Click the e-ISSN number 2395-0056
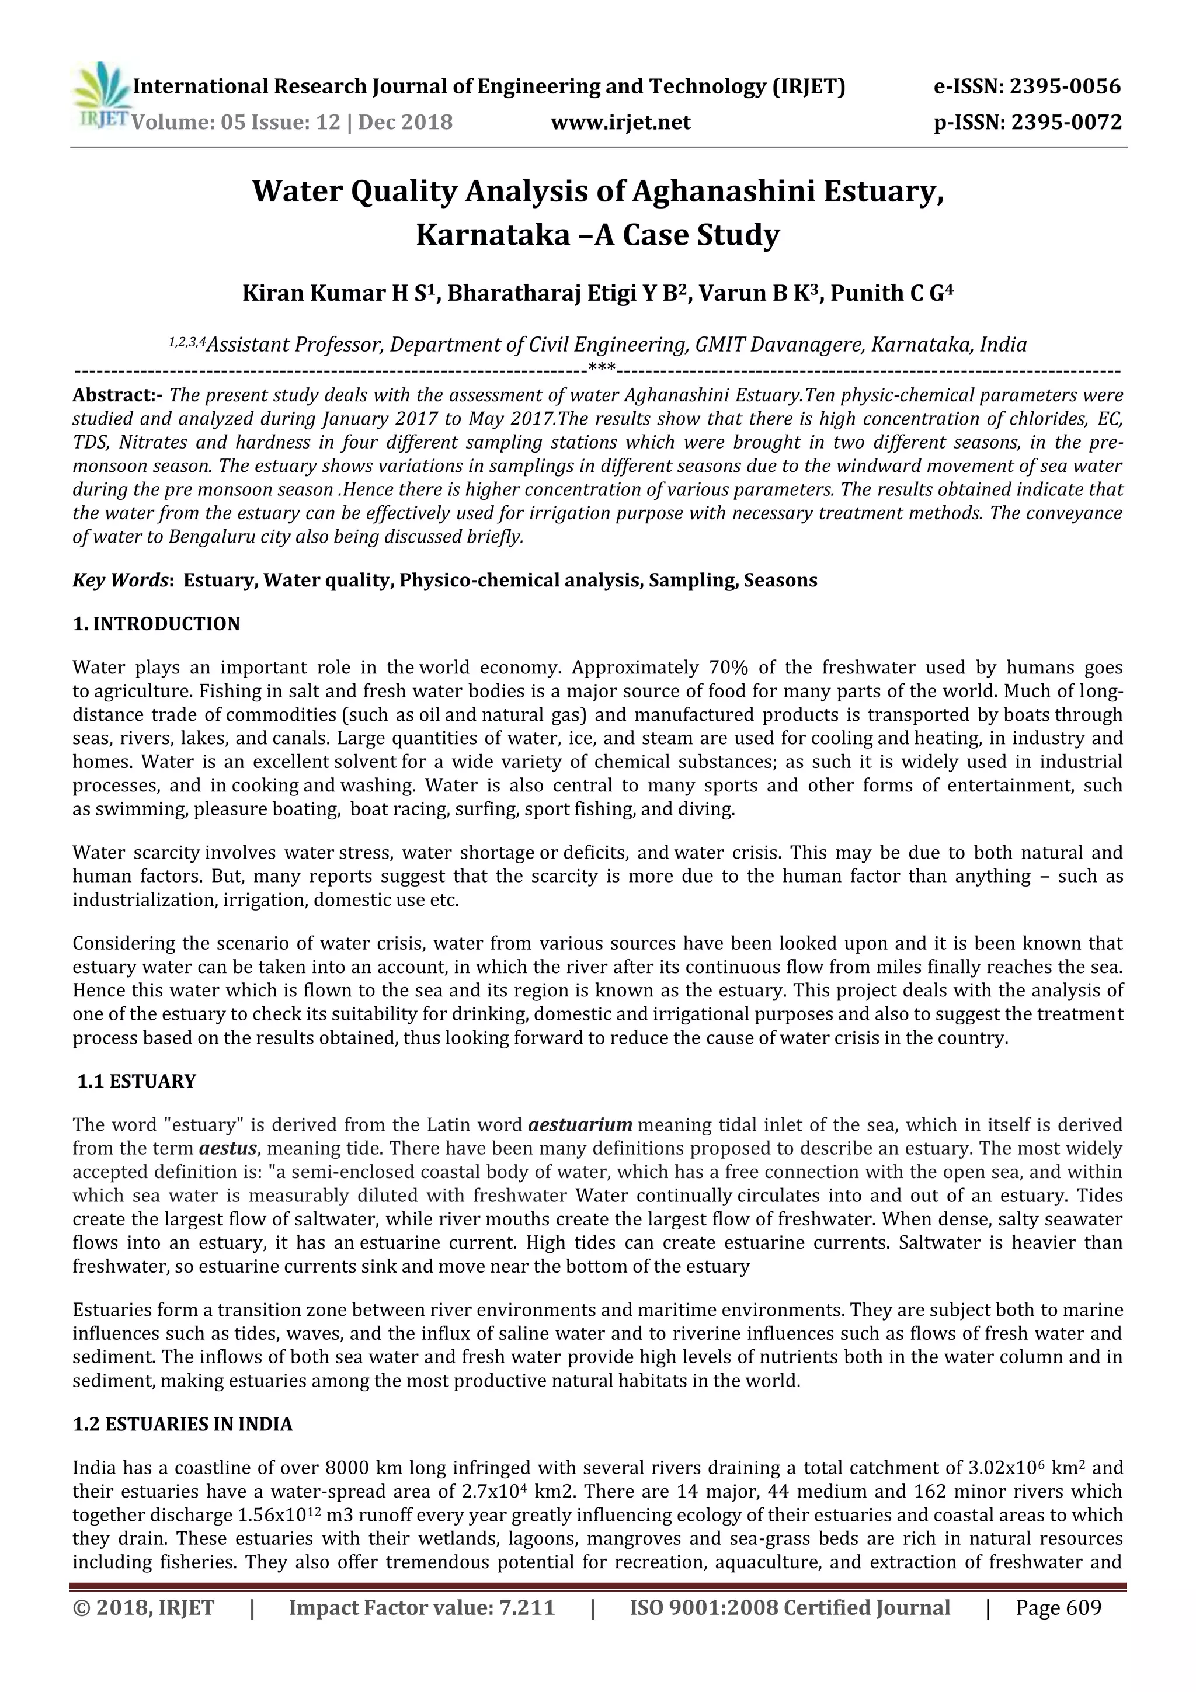1064,87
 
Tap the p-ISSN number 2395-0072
1066,121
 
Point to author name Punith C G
886,293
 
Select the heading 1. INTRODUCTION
157,624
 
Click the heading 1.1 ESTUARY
137,1081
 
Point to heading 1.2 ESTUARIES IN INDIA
182,1425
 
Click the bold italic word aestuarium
580,1124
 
